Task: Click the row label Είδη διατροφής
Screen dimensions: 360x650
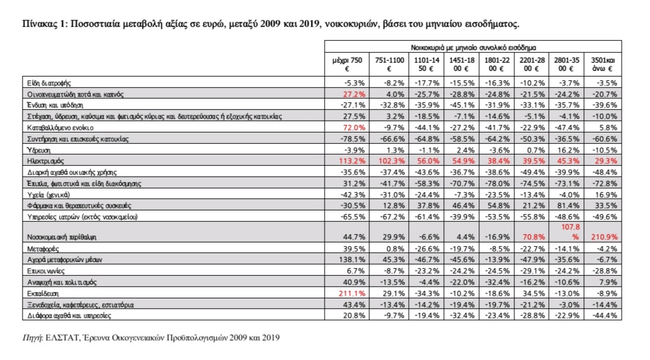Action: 47,82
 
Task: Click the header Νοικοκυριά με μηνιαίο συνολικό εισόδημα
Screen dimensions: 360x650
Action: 474,46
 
